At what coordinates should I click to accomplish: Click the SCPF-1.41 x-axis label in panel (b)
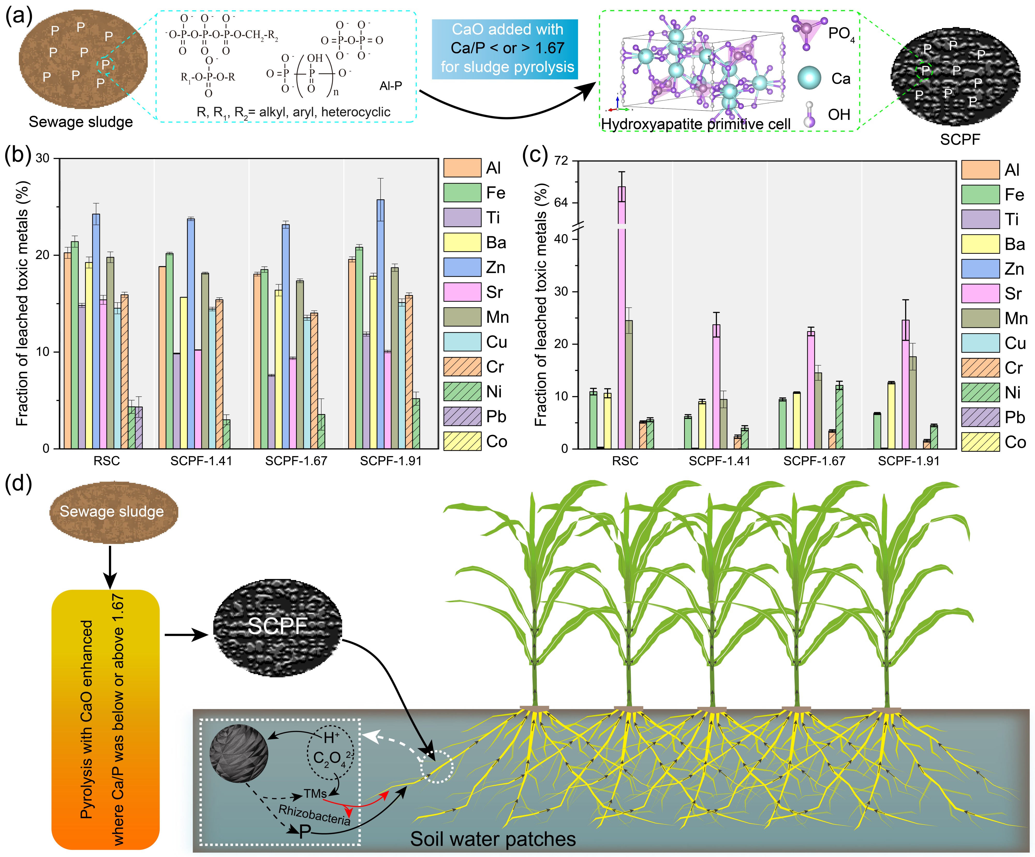coord(201,461)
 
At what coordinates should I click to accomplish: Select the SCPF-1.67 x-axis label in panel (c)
coord(814,461)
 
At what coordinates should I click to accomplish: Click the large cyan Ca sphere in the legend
coord(809,78)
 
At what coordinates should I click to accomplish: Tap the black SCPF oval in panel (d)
coord(277,626)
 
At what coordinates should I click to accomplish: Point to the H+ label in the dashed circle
coord(331,738)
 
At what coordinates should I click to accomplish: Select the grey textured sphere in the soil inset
coord(239,753)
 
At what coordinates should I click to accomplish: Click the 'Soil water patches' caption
coord(493,839)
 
